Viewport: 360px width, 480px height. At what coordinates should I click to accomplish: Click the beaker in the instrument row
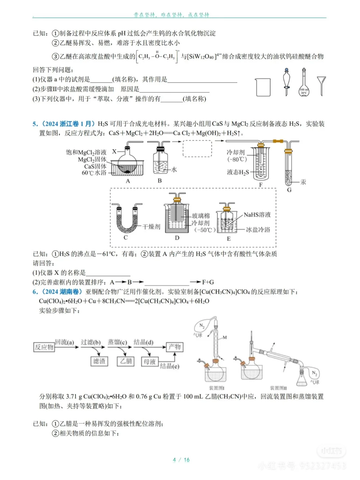point(263,87)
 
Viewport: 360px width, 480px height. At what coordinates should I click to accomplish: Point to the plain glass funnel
point(321,85)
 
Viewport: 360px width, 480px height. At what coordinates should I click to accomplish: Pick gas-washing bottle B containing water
point(160,161)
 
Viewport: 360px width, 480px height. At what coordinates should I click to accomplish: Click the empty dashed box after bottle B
point(197,149)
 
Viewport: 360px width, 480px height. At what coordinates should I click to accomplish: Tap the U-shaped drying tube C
point(126,220)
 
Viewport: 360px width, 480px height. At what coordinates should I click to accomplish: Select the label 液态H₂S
point(238,172)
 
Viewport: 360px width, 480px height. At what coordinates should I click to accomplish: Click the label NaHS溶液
point(257,215)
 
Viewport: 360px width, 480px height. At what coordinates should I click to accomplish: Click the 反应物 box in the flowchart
point(44,347)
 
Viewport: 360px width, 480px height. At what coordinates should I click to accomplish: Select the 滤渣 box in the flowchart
point(99,361)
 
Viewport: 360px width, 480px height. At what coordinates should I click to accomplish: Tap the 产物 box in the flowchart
point(174,347)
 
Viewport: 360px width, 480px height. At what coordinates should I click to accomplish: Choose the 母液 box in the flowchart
point(149,361)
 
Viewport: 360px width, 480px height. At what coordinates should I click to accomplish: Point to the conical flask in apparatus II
point(302,379)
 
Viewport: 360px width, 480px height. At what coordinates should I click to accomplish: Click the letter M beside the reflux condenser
point(225,337)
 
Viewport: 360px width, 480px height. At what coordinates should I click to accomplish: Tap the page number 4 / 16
point(181,460)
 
